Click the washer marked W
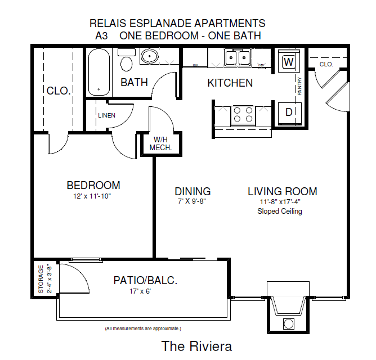click(x=289, y=61)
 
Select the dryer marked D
click(x=289, y=112)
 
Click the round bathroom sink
click(x=150, y=57)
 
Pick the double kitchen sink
click(x=237, y=57)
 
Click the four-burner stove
click(x=243, y=115)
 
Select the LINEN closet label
click(x=106, y=115)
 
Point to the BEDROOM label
click(x=93, y=185)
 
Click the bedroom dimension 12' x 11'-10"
click(x=93, y=196)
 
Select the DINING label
click(x=193, y=191)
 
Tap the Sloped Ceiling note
click(x=280, y=211)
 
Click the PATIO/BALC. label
click(x=145, y=280)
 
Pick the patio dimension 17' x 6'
click(x=141, y=291)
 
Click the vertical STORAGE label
click(x=41, y=278)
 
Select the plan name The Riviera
click(x=196, y=345)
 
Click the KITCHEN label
click(x=230, y=83)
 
